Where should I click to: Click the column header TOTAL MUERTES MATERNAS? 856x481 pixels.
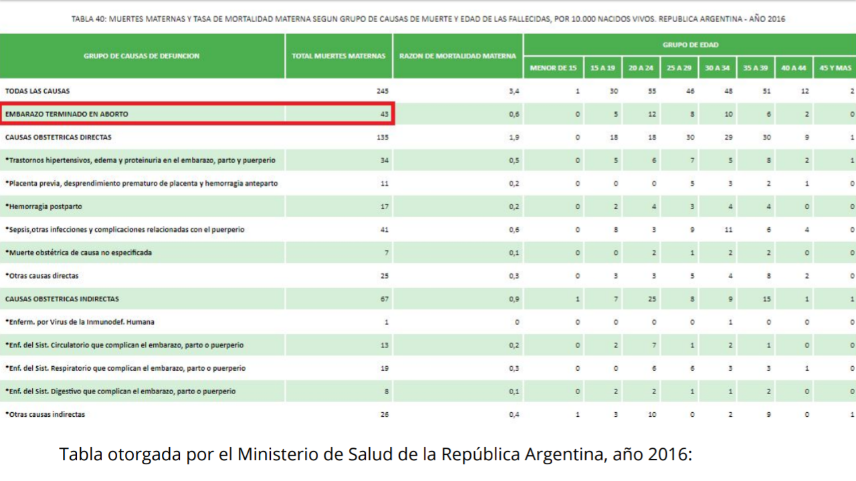point(338,56)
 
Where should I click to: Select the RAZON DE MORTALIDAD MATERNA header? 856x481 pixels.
point(457,56)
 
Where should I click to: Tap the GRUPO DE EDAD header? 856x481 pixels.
point(690,45)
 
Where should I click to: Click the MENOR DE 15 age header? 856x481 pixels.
point(553,68)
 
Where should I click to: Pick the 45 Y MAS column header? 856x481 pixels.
point(835,68)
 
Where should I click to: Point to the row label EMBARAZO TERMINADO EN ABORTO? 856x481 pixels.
point(67,114)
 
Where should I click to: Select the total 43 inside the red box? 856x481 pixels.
point(384,114)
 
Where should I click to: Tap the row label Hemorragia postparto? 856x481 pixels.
point(44,206)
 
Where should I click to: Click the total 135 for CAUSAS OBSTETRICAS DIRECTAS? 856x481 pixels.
point(382,137)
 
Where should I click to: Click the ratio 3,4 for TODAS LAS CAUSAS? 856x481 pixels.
point(514,91)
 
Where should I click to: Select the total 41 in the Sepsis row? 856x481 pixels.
point(384,229)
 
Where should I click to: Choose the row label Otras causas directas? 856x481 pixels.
point(42,276)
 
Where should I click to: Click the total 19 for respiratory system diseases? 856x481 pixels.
point(384,368)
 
